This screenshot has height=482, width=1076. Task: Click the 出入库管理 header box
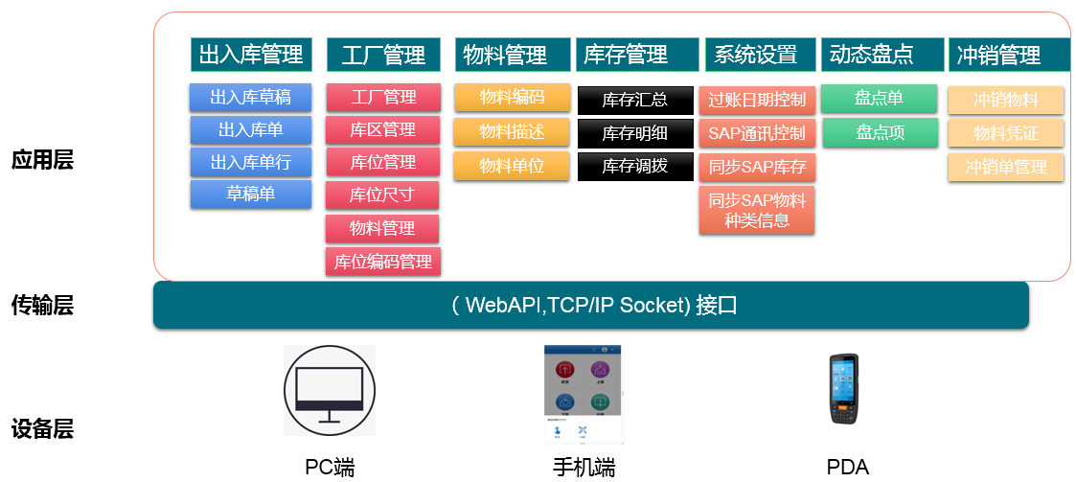pyautogui.click(x=251, y=55)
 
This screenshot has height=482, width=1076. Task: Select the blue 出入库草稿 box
pyautogui.click(x=250, y=97)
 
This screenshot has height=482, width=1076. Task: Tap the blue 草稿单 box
pyautogui.click(x=250, y=194)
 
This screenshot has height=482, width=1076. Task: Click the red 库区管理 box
pyautogui.click(x=382, y=129)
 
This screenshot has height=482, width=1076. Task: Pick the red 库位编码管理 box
pyautogui.click(x=382, y=261)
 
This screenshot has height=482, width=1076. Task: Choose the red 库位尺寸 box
pyautogui.click(x=382, y=195)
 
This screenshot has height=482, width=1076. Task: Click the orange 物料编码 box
pyautogui.click(x=512, y=97)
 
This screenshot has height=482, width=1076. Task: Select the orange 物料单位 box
pyautogui.click(x=512, y=165)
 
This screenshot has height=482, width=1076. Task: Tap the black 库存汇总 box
pyautogui.click(x=635, y=100)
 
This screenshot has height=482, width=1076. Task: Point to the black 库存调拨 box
pyautogui.click(x=635, y=166)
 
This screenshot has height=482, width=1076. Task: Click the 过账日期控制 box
pyautogui.click(x=757, y=100)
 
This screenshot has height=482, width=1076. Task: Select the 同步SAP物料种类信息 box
pyautogui.click(x=757, y=210)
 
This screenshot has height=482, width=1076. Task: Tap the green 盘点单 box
pyautogui.click(x=880, y=98)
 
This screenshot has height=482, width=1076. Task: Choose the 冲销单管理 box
pyautogui.click(x=1005, y=167)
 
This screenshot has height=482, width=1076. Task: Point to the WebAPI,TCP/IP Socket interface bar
pyautogui.click(x=590, y=306)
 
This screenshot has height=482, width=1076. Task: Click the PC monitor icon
pyautogui.click(x=330, y=390)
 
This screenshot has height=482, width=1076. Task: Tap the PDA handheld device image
pyautogui.click(x=845, y=389)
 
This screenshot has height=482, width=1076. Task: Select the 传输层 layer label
pyautogui.click(x=42, y=306)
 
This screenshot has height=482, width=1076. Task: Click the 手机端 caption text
pyautogui.click(x=584, y=468)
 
